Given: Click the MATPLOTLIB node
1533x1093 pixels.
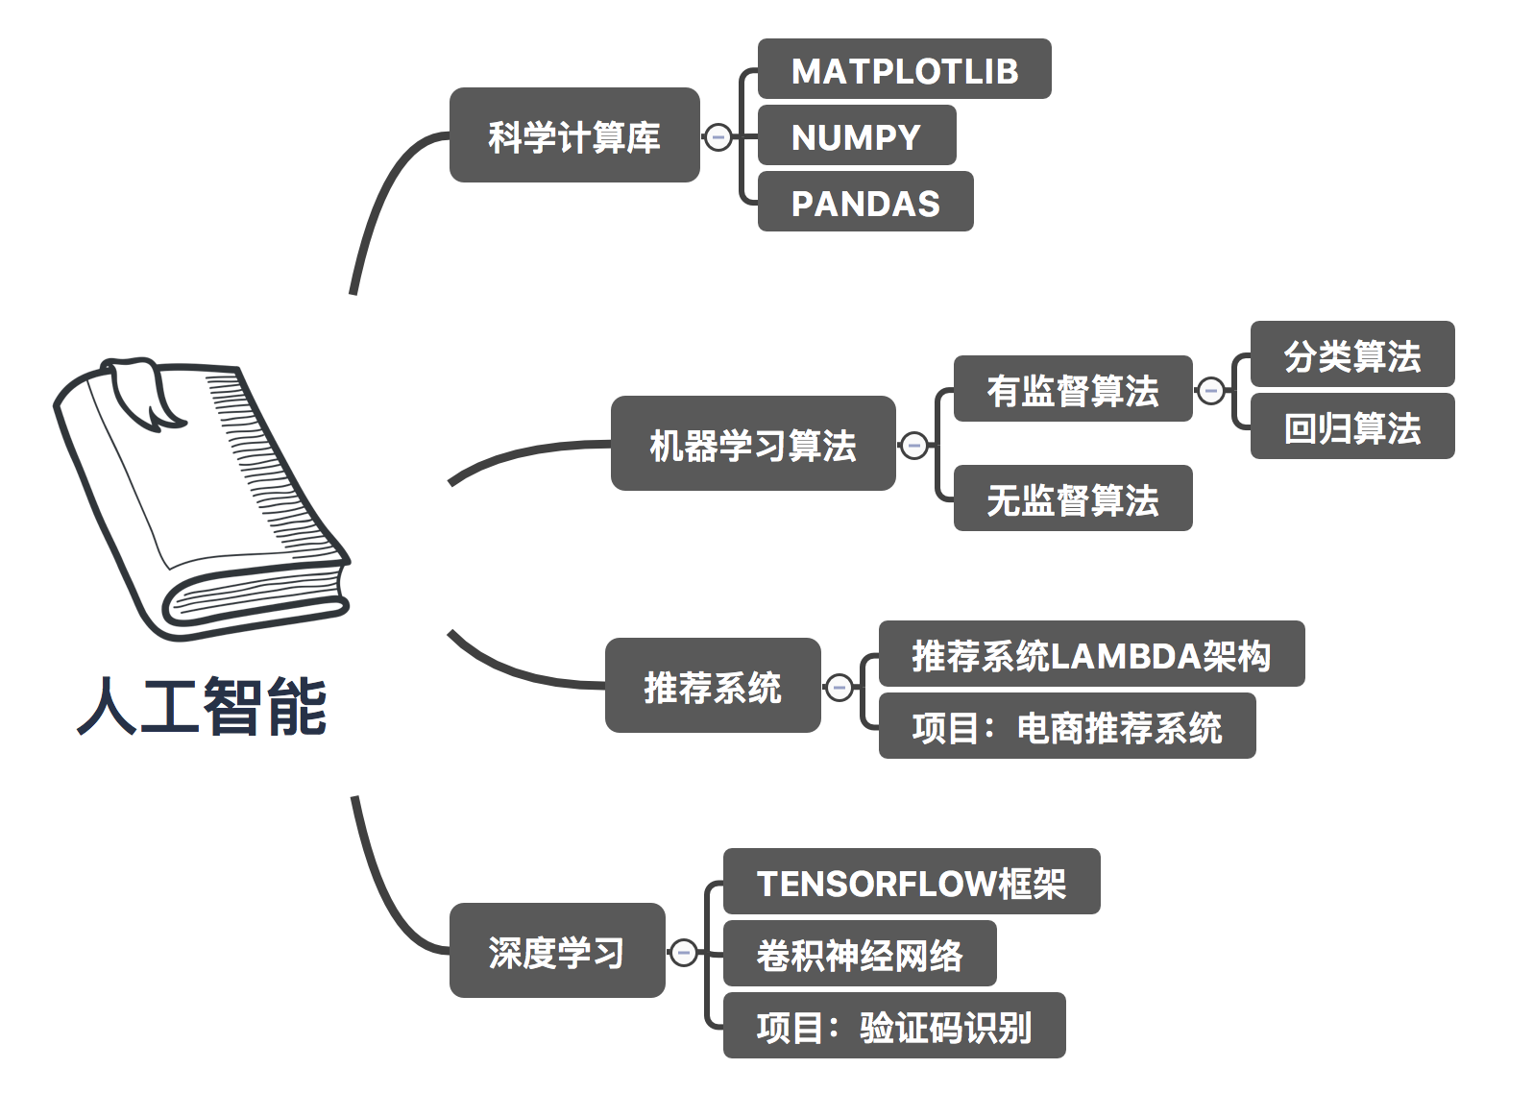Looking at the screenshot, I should coord(904,69).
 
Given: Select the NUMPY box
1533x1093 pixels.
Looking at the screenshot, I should coord(856,136).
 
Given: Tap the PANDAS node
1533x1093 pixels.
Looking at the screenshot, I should coord(864,203).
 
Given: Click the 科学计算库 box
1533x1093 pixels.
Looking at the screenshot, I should coord(573,135).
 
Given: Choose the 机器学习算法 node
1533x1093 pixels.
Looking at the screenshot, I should coord(752,444).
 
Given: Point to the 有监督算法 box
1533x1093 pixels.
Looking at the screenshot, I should coord(1072,389).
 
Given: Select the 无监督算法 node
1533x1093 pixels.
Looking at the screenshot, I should coord(1072,498).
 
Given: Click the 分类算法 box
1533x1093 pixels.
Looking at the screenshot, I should coord(1351,354).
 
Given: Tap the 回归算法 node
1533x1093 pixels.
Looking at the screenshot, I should coord(1351,426).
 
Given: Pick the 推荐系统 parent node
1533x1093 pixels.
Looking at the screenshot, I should coord(712,686).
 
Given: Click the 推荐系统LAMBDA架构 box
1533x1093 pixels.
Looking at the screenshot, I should coord(1091,654).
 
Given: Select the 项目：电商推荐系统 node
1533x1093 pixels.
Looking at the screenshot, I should coord(1066,726).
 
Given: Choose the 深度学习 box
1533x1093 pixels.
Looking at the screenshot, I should coord(556,951).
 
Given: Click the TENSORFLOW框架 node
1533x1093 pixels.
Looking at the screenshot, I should coord(911,882).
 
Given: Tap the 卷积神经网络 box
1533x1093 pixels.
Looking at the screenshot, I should coord(859,954).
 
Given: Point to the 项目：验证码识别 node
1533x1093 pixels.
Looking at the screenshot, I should coord(893,1026).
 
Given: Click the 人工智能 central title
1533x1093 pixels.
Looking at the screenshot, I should coord(202,706).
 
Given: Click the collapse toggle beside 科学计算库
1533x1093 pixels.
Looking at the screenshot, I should coord(718,136).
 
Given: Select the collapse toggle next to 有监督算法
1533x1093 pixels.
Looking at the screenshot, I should coord(1211,390).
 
